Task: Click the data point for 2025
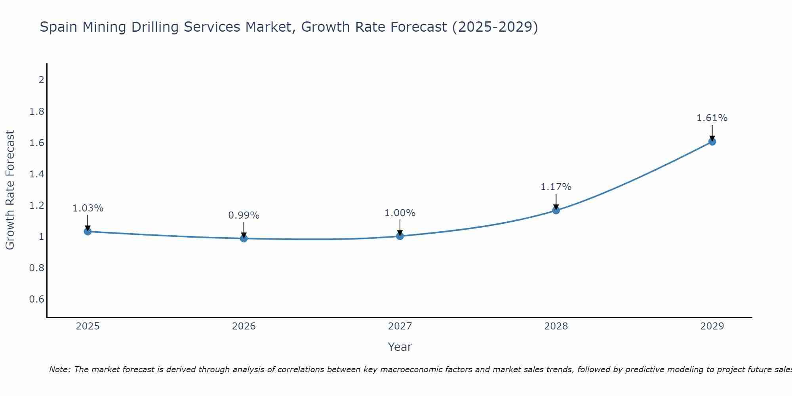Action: pyautogui.click(x=88, y=231)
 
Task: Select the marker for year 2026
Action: pyautogui.click(x=244, y=238)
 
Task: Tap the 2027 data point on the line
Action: pyautogui.click(x=400, y=236)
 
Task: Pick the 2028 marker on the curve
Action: pyautogui.click(x=556, y=210)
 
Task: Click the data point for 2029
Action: pyautogui.click(x=712, y=141)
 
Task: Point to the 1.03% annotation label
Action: pyautogui.click(x=88, y=208)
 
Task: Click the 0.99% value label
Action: pyautogui.click(x=244, y=215)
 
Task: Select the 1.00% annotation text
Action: pyautogui.click(x=400, y=213)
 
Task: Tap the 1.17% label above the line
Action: pyautogui.click(x=556, y=187)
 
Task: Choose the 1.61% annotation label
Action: pyautogui.click(x=712, y=118)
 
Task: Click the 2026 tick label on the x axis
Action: pyautogui.click(x=244, y=326)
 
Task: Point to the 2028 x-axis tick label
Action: pyautogui.click(x=556, y=326)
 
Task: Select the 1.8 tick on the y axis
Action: pyautogui.click(x=37, y=112)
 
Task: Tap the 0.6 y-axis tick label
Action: pyautogui.click(x=37, y=299)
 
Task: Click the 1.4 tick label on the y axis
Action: pyautogui.click(x=37, y=174)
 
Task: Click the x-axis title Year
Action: pyautogui.click(x=400, y=347)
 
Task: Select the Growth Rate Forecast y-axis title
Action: pyautogui.click(x=10, y=190)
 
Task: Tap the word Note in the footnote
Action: pyautogui.click(x=59, y=369)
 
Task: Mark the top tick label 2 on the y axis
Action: pyautogui.click(x=41, y=80)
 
